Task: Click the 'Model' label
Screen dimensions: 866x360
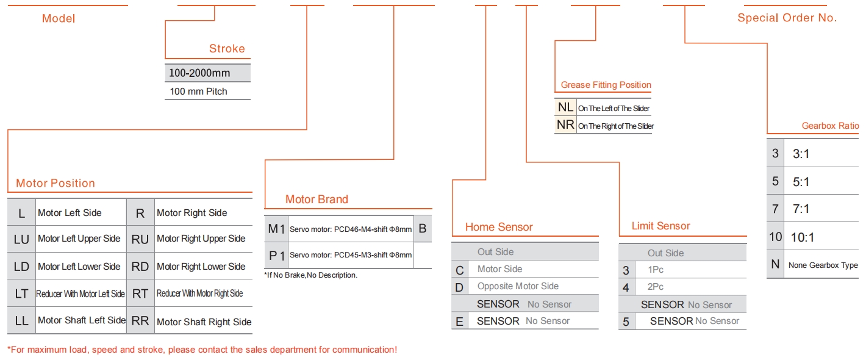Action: coord(59,18)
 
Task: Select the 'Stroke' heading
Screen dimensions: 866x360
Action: coord(227,48)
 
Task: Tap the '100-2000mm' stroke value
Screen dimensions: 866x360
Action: coord(199,73)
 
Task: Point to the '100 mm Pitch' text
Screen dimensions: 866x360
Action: coord(198,92)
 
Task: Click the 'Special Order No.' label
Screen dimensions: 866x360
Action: coord(787,18)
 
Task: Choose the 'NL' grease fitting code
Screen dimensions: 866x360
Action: coord(565,107)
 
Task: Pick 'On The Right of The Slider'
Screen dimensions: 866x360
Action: coord(616,126)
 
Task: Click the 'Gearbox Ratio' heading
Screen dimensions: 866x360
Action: coord(830,126)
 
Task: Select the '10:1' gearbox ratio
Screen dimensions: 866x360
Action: coord(803,237)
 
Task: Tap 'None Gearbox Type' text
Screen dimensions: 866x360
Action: coord(823,265)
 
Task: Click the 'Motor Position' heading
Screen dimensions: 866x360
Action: coord(55,183)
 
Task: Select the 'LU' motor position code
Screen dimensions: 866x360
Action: coord(21,240)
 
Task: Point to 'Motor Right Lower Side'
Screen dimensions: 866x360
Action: coord(201,267)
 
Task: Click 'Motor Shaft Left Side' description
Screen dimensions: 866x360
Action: coord(82,320)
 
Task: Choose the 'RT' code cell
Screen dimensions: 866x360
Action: coord(140,293)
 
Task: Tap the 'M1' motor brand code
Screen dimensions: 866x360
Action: coord(276,229)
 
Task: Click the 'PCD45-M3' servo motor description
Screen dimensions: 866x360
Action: coord(351,255)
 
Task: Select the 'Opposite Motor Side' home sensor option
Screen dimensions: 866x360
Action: coord(518,286)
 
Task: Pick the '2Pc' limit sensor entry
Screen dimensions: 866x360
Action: coord(656,287)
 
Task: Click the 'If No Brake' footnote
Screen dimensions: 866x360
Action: coord(311,275)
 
